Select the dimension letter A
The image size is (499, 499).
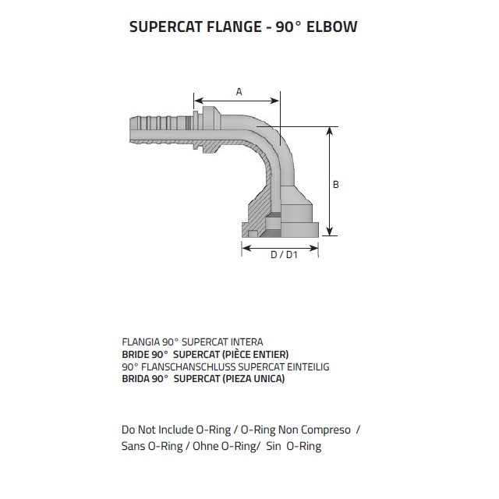click(x=239, y=92)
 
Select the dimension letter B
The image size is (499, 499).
click(x=335, y=185)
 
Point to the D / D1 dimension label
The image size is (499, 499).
click(x=280, y=255)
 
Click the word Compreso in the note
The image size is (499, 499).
click(x=331, y=430)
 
